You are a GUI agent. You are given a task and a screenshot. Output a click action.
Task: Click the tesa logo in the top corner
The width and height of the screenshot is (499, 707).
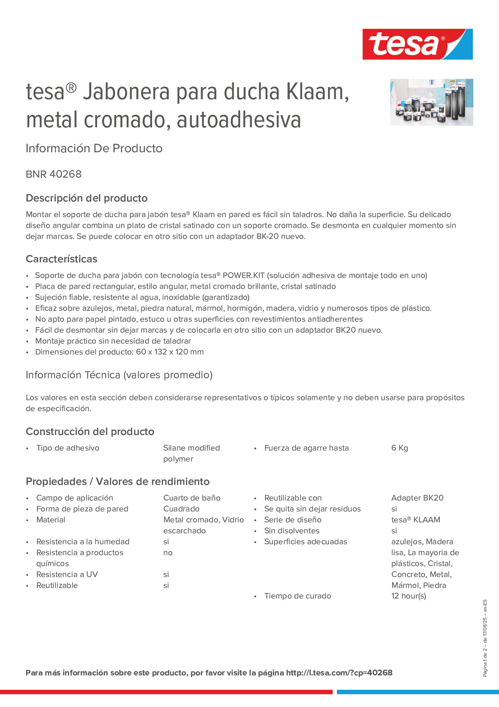pos(417,44)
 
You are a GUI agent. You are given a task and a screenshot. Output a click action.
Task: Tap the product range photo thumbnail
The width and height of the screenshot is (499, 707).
pos(431,102)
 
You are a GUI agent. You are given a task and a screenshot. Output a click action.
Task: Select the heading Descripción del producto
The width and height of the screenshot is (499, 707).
pos(86,198)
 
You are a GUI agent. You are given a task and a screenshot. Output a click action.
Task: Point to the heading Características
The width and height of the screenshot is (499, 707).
pos(62,259)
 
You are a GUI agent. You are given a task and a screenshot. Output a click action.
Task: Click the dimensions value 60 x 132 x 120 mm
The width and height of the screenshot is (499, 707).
pos(170,352)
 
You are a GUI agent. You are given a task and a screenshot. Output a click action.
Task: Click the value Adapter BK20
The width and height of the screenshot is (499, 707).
pos(417,498)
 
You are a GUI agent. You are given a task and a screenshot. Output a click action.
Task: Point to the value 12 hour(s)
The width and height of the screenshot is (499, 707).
pos(408,596)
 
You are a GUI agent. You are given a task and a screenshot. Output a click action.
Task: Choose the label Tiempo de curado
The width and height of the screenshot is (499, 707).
pos(297,596)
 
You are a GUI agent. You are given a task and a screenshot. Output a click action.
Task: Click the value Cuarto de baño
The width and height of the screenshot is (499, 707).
pos(192,498)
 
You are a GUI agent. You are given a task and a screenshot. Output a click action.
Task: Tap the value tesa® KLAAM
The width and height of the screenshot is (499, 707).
pos(415,520)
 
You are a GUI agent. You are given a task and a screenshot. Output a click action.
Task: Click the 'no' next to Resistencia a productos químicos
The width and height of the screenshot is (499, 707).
pos(168,552)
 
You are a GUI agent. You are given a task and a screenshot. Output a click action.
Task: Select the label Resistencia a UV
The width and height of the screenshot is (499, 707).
pos(67,574)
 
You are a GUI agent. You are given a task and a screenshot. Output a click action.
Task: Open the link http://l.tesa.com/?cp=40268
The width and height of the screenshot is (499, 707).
pos(339,673)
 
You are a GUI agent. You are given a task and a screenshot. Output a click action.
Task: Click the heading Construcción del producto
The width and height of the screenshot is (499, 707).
pos(90,431)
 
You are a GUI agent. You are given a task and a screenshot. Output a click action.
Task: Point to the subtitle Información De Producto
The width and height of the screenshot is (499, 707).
pos(94,148)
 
